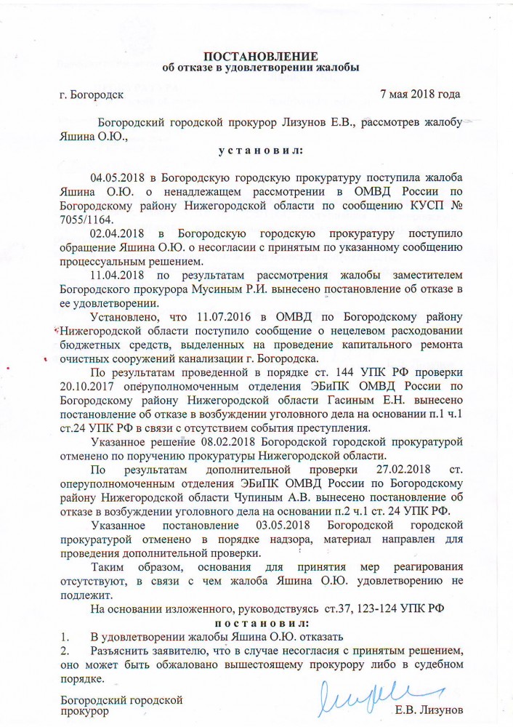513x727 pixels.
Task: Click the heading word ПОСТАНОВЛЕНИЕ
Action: [260, 57]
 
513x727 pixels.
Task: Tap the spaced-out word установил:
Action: [260, 150]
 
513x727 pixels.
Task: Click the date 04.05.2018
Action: [117, 178]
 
